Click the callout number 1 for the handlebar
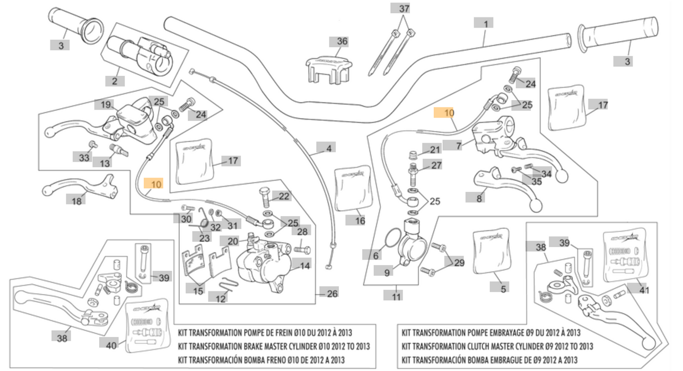click(484, 23)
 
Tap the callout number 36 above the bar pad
click(341, 41)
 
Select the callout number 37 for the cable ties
click(404, 8)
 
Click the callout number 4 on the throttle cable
click(329, 148)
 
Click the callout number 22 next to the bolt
click(284, 196)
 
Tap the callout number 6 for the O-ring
click(376, 255)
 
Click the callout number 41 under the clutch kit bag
click(644, 290)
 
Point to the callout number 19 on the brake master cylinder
click(105, 104)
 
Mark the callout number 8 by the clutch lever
click(479, 199)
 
